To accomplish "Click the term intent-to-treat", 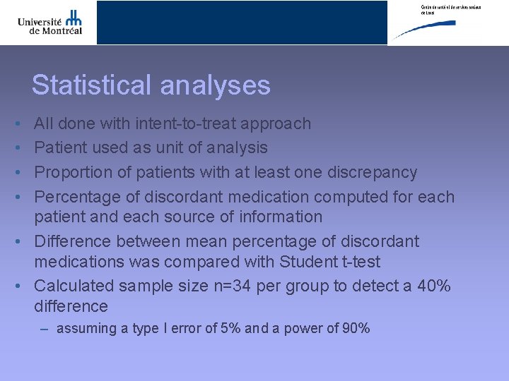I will pyautogui.click(x=187, y=123).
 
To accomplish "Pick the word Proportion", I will pyautogui.click(x=72, y=172).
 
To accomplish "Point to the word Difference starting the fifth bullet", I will pyautogui.click(x=73, y=241).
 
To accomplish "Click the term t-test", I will pyautogui.click(x=358, y=262).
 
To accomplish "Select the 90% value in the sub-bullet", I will pyautogui.click(x=355, y=328).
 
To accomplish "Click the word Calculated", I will pyautogui.click(x=74, y=286).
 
